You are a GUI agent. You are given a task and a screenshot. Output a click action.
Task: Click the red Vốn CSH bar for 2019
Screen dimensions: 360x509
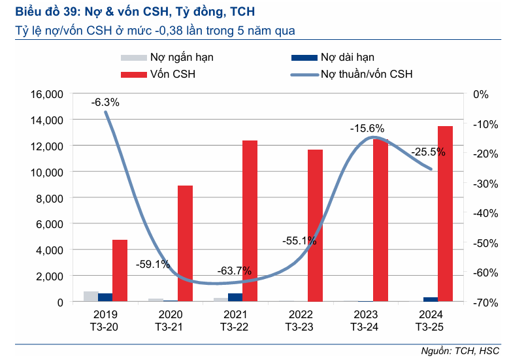pyautogui.click(x=120, y=270)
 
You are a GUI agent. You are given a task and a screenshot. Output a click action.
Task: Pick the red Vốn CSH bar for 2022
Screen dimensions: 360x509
pyautogui.click(x=315, y=225)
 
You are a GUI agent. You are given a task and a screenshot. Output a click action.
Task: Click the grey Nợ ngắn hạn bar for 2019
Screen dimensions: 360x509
pyautogui.click(x=91, y=297)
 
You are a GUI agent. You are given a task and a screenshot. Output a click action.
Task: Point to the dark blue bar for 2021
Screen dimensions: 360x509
pyautogui.click(x=235, y=297)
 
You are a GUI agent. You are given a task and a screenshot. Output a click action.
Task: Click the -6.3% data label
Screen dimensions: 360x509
pyautogui.click(x=105, y=103)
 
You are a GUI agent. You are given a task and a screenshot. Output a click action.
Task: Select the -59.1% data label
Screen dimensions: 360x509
pyautogui.click(x=153, y=265)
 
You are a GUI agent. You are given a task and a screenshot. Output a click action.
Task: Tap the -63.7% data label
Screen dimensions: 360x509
pyautogui.click(x=233, y=270)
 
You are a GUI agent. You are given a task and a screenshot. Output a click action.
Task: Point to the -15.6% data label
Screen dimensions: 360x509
pyautogui.click(x=367, y=129)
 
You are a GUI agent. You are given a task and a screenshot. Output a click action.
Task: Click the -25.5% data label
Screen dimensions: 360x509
pyautogui.click(x=428, y=152)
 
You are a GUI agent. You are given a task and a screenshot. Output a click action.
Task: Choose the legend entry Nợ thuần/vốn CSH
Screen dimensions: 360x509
pyautogui.click(x=366, y=74)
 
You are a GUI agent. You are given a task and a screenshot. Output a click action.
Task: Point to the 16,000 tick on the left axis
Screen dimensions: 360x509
pyautogui.click(x=46, y=94)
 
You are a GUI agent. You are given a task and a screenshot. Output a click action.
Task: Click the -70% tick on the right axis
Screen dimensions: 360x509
pyautogui.click(x=480, y=303)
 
